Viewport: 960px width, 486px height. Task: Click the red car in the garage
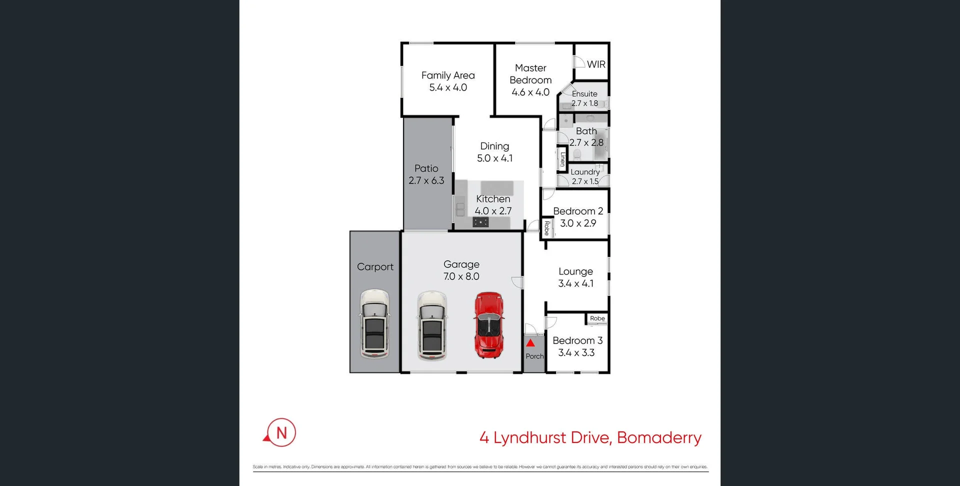[488, 325]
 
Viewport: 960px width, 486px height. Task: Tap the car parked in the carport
[374, 324]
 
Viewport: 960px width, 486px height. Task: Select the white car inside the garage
[432, 325]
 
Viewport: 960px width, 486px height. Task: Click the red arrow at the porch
[530, 343]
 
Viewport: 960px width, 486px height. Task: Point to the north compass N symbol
[281, 432]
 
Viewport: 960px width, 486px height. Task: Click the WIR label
[596, 64]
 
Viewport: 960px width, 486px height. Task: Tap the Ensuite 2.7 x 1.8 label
[584, 98]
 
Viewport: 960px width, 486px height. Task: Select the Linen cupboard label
[562, 159]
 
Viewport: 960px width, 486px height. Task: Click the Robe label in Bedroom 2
[546, 228]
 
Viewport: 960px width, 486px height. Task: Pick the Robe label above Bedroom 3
[597, 318]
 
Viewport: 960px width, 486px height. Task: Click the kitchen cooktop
[480, 222]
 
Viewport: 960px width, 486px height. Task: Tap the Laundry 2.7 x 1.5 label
[585, 176]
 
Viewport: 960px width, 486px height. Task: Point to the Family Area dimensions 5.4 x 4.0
[448, 87]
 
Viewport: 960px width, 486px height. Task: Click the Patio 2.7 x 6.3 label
[426, 174]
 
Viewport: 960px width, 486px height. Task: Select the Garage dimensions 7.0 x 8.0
[461, 276]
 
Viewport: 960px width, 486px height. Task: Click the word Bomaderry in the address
[659, 437]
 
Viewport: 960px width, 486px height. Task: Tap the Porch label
[534, 356]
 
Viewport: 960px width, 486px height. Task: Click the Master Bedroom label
[530, 74]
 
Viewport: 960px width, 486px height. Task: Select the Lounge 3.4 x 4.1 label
[575, 277]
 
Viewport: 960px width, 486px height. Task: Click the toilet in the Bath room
[577, 154]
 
